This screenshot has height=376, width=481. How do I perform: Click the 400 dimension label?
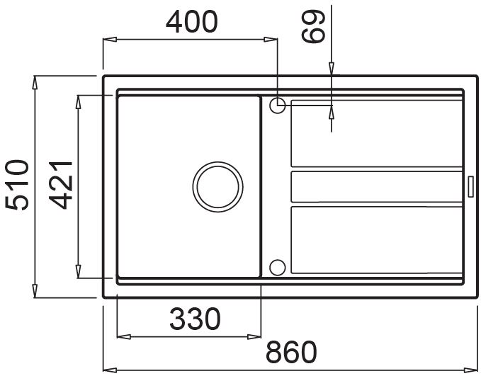[192, 22]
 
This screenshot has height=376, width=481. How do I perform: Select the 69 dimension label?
[313, 26]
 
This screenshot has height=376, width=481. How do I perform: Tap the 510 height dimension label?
[17, 185]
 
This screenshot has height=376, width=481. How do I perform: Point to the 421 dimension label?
[61, 185]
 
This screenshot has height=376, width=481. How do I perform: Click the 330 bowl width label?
[195, 319]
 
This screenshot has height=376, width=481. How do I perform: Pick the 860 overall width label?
[291, 352]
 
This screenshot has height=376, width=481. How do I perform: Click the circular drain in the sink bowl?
[217, 187]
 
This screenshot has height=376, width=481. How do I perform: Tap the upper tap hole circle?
[277, 106]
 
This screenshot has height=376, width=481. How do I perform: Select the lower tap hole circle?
[277, 267]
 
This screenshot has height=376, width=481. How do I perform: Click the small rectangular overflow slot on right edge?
[470, 186]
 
